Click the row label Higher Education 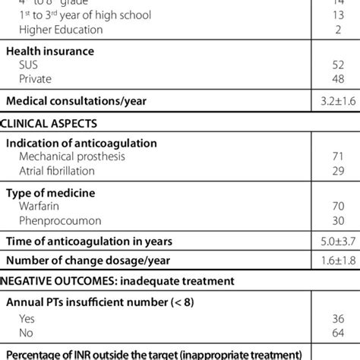(x=62, y=30)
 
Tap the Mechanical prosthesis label (x=72, y=156)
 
